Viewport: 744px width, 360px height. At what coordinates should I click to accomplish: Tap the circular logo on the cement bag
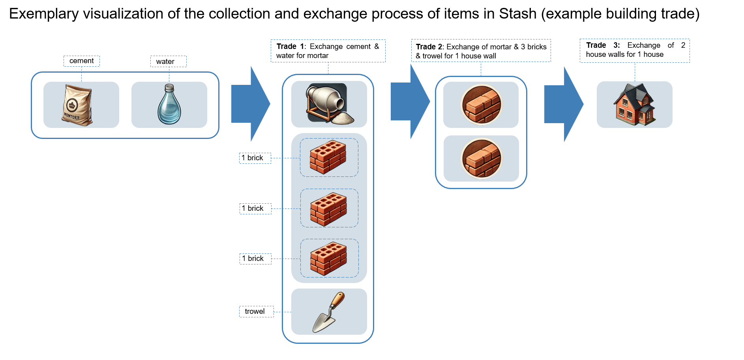[72, 105]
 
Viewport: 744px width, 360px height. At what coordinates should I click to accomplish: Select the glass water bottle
[169, 107]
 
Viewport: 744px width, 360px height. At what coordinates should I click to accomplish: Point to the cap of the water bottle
[169, 87]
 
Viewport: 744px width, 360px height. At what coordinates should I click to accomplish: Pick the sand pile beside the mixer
[343, 118]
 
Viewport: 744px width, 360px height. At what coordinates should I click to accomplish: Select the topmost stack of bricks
[328, 157]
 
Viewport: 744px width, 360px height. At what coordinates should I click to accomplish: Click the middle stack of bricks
[328, 209]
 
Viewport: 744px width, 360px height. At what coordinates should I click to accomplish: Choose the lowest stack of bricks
[328, 259]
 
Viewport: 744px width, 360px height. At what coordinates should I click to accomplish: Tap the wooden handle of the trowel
[337, 301]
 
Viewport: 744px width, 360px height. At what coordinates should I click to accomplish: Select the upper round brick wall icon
[482, 105]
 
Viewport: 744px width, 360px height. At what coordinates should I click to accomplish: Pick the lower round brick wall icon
[482, 158]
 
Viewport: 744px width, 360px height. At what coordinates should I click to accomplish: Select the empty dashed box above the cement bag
[82, 61]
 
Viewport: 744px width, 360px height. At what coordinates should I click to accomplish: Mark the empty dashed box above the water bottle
[169, 61]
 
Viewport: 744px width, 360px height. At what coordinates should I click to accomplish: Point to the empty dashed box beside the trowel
[256, 311]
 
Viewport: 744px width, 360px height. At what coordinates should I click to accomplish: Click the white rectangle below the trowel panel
[328, 352]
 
